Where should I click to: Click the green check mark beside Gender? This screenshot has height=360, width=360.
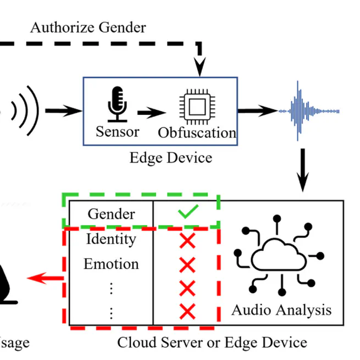click(187, 212)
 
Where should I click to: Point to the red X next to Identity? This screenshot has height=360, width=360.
click(187, 240)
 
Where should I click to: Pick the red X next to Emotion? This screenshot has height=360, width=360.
click(187, 265)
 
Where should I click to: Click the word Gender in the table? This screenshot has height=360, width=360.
click(111, 213)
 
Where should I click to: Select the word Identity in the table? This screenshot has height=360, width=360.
click(111, 239)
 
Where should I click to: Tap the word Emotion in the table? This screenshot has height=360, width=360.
click(111, 264)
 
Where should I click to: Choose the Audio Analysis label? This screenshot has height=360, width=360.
click(281, 309)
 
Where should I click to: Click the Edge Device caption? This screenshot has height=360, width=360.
click(170, 158)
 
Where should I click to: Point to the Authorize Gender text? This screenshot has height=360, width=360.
click(88, 27)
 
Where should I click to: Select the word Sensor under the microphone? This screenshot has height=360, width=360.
click(117, 131)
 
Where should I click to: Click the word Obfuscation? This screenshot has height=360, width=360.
click(197, 132)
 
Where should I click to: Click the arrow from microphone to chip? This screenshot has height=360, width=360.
click(151, 113)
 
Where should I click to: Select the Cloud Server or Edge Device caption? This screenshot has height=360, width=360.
click(212, 342)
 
